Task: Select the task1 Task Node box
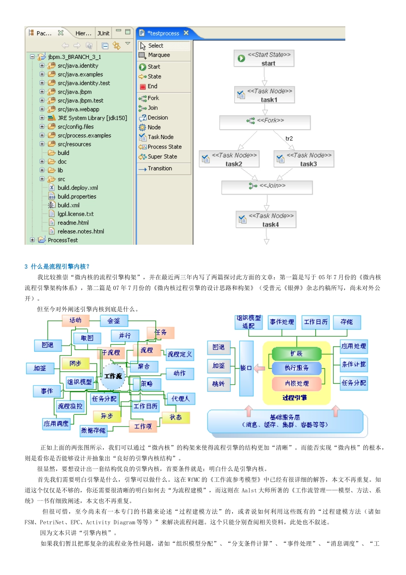tap(265, 95)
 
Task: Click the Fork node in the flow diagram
tap(265, 122)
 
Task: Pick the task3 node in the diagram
tap(304, 159)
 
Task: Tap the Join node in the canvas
tap(267, 187)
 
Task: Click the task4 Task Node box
tap(266, 220)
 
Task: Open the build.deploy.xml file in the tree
tap(77, 188)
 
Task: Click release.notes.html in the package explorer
tap(80, 231)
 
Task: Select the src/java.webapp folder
tap(78, 109)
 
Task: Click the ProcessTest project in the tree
tap(62, 240)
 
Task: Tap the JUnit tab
tap(103, 33)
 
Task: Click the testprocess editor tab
tap(163, 33)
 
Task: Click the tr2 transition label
tap(289, 139)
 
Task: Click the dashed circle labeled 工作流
tap(113, 376)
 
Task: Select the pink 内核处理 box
tap(297, 384)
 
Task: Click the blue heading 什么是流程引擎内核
tap(60, 267)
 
